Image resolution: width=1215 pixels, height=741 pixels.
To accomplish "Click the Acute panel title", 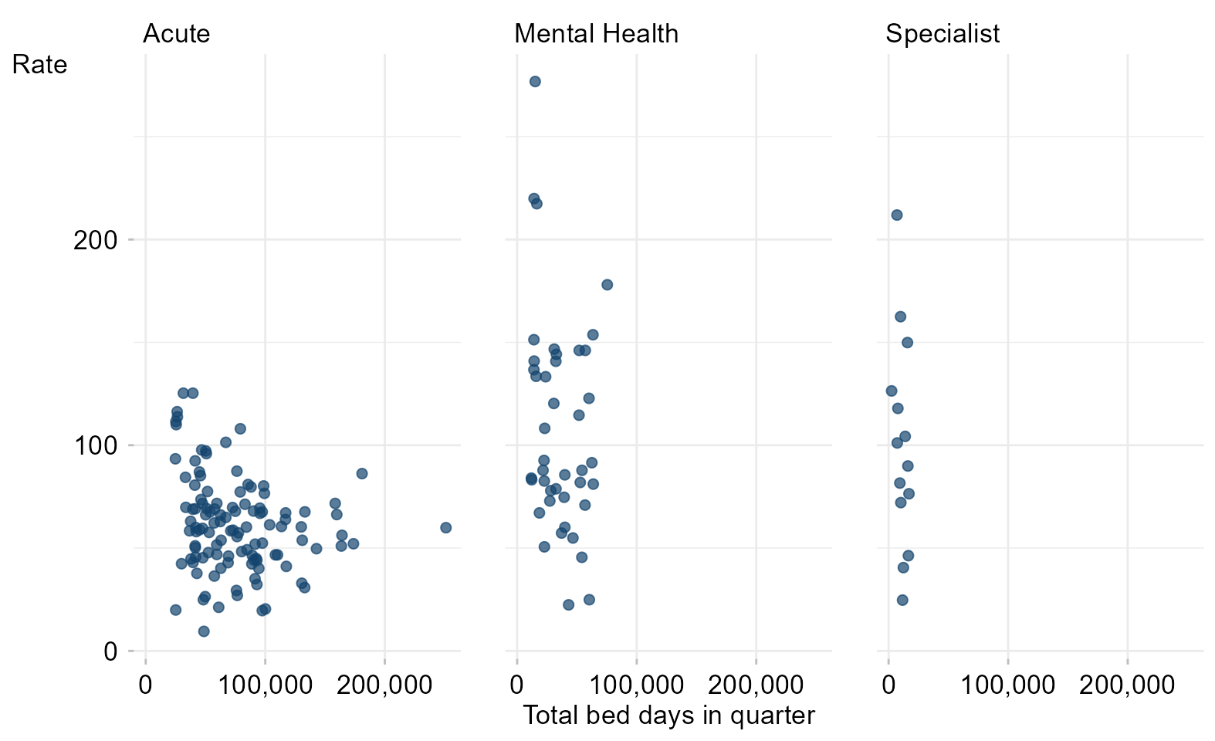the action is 176,34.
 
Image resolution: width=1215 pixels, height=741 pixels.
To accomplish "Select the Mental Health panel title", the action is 596,34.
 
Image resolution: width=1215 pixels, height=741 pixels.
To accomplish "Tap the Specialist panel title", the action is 943,35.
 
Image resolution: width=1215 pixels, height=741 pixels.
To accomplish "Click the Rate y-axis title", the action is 39,65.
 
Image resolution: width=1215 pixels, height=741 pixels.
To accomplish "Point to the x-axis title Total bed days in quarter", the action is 668,715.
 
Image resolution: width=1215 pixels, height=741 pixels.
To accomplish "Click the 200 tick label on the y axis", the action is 96,240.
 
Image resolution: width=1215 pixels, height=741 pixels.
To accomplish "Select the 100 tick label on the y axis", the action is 96,446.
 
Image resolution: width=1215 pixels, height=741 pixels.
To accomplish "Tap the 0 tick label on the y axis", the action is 110,651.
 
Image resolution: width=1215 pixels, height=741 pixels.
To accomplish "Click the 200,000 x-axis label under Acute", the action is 384,685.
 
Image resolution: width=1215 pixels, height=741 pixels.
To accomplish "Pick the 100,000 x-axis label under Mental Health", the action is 636,685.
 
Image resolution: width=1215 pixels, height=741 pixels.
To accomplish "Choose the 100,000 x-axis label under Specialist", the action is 1008,685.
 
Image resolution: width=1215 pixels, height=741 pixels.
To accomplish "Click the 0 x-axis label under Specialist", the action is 888,685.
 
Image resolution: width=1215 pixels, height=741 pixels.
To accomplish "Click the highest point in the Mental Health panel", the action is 535,82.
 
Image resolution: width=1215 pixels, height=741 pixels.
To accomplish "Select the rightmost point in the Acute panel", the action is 446,528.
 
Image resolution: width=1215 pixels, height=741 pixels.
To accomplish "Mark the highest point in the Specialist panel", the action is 897,215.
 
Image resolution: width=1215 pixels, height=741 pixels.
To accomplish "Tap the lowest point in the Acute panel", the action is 204,631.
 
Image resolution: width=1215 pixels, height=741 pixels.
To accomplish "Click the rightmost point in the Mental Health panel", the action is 607,285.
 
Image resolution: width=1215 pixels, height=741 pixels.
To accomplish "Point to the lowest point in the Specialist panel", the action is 902,600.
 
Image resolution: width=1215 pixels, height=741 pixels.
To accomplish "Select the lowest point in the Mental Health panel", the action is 568,605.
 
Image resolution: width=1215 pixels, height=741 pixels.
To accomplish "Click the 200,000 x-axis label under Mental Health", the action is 756,685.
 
